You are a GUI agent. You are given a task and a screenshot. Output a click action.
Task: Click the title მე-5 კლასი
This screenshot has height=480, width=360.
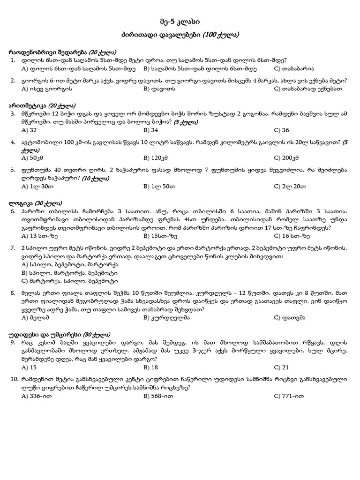[x=180, y=22]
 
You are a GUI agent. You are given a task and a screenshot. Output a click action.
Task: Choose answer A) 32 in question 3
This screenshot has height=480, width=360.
[x=29, y=130]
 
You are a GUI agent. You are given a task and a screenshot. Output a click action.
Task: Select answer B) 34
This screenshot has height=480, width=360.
[x=151, y=130]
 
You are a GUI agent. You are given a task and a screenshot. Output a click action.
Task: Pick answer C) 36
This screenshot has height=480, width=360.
[x=281, y=130]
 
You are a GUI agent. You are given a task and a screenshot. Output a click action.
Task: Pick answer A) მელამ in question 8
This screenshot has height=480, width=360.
[x=35, y=317]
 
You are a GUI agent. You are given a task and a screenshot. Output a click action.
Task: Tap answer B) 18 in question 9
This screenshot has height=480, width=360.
[x=151, y=367]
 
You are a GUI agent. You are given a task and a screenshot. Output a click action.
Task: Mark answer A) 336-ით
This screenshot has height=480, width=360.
[x=37, y=396]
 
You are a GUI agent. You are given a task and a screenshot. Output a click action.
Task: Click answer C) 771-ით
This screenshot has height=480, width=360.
[x=289, y=396]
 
